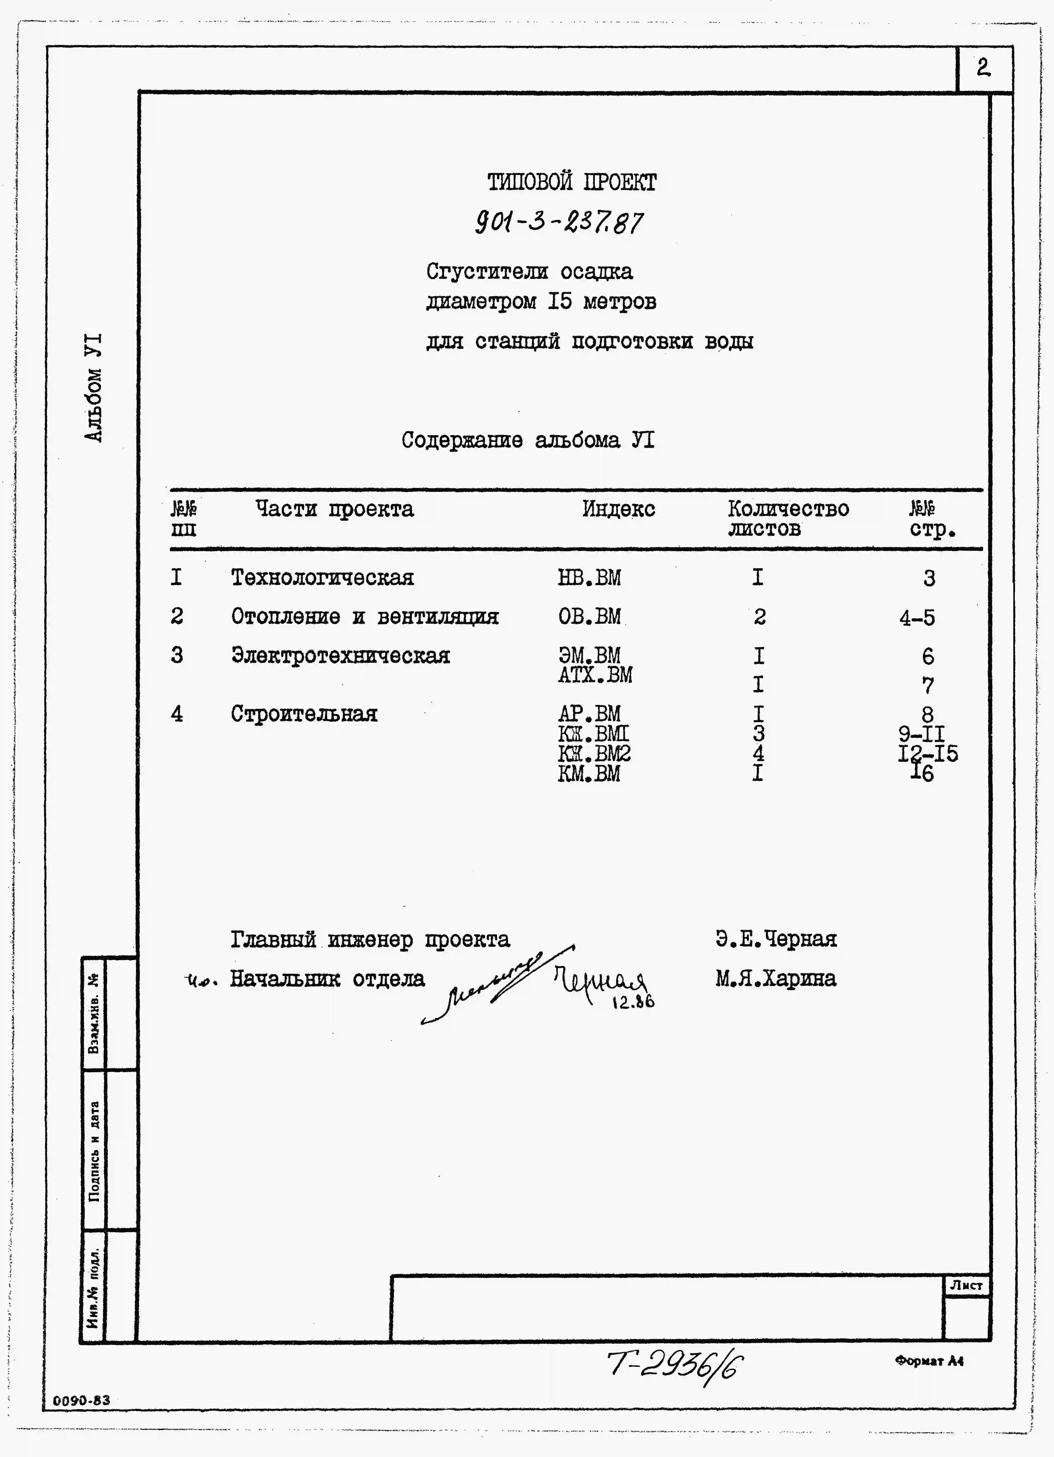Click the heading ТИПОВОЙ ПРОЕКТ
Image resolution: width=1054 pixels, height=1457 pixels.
tap(572, 182)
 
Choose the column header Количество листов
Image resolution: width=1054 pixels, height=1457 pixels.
tap(788, 518)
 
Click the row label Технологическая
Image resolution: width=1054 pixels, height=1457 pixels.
tap(322, 578)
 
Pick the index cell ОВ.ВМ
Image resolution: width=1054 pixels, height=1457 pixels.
tap(589, 617)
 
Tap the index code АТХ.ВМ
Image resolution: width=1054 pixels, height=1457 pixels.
tap(595, 675)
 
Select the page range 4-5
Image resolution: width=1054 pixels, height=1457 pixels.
tap(917, 618)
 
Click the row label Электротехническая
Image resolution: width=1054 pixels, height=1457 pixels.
tap(341, 656)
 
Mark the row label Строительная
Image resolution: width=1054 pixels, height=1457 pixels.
tap(304, 714)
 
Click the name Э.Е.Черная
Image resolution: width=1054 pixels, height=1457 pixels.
tap(776, 939)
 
